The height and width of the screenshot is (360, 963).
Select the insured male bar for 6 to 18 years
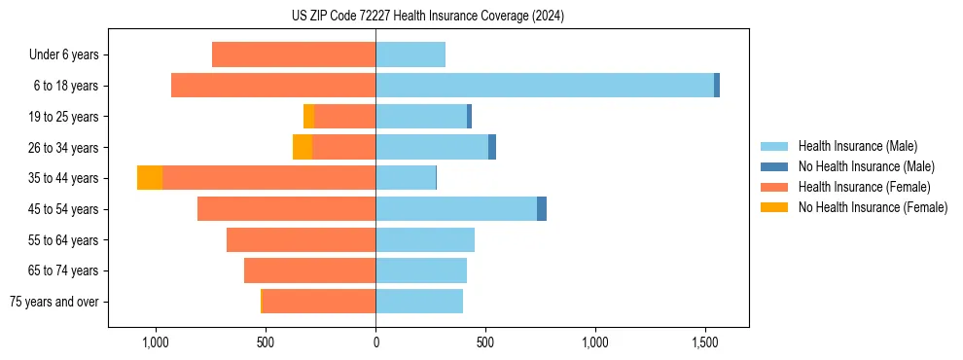tap(545, 86)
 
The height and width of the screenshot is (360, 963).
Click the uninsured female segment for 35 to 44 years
tap(150, 178)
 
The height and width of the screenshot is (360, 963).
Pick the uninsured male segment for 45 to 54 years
tap(542, 209)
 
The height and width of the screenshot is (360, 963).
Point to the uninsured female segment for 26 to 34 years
tap(303, 147)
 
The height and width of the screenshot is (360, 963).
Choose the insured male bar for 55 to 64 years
tap(425, 240)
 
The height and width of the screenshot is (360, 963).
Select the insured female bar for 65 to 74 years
tap(309, 270)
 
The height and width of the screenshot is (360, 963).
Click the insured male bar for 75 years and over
tap(419, 302)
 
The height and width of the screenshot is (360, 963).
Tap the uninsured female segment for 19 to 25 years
tap(308, 117)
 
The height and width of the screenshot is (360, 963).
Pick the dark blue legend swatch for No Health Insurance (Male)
tap(774, 166)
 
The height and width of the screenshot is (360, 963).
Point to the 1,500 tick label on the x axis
tap(704, 342)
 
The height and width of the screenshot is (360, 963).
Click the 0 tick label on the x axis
tap(375, 342)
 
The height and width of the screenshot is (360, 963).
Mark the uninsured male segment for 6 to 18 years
tap(717, 86)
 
